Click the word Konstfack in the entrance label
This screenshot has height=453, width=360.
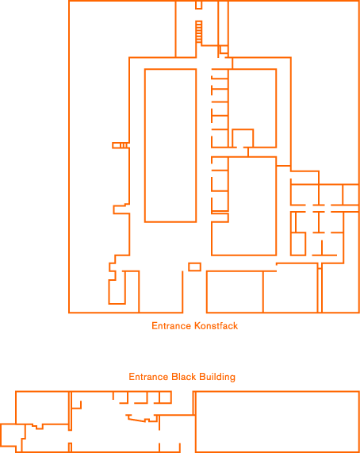216,326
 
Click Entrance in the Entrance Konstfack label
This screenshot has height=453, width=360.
171,326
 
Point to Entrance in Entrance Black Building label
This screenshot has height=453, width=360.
148,377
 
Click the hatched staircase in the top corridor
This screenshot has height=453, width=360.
198,32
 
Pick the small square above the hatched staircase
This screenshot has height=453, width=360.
198,5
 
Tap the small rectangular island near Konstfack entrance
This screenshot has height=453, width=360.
194,267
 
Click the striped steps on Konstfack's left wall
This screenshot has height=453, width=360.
121,145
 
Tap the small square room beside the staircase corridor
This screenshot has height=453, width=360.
224,49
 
